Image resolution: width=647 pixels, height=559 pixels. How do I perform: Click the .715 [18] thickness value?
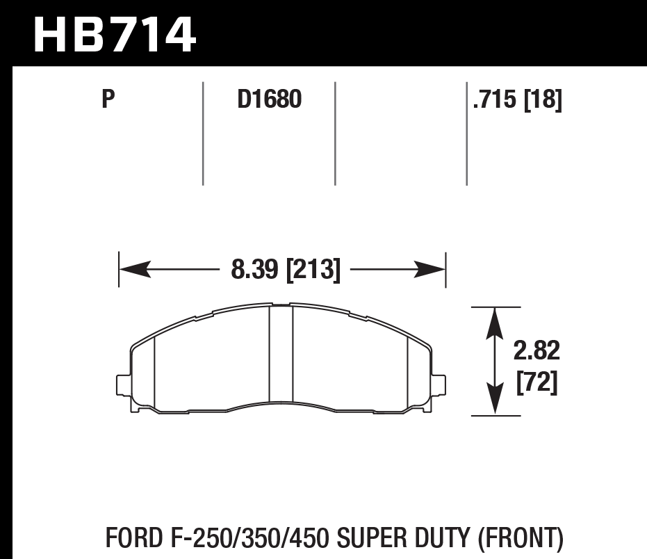click(x=516, y=101)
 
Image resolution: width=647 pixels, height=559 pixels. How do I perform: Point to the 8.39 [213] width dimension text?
click(x=286, y=269)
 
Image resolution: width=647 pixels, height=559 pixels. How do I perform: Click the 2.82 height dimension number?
click(x=536, y=352)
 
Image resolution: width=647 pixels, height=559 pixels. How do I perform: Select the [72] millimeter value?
click(x=537, y=382)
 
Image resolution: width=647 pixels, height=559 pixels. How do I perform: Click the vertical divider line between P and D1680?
click(x=203, y=133)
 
